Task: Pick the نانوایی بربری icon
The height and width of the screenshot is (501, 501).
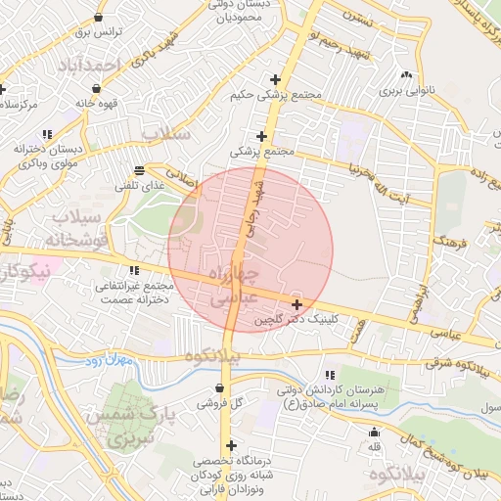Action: pos(405,75)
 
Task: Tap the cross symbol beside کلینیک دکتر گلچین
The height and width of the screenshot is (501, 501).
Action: pos(296,305)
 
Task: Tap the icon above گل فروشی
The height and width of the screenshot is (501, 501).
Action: pos(218,387)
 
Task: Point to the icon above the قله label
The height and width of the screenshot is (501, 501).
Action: pos(373,433)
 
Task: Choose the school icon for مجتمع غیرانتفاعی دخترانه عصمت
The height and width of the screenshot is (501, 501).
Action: pos(134,271)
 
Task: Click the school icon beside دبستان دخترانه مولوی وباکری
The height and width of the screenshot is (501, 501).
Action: pos(46,134)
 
